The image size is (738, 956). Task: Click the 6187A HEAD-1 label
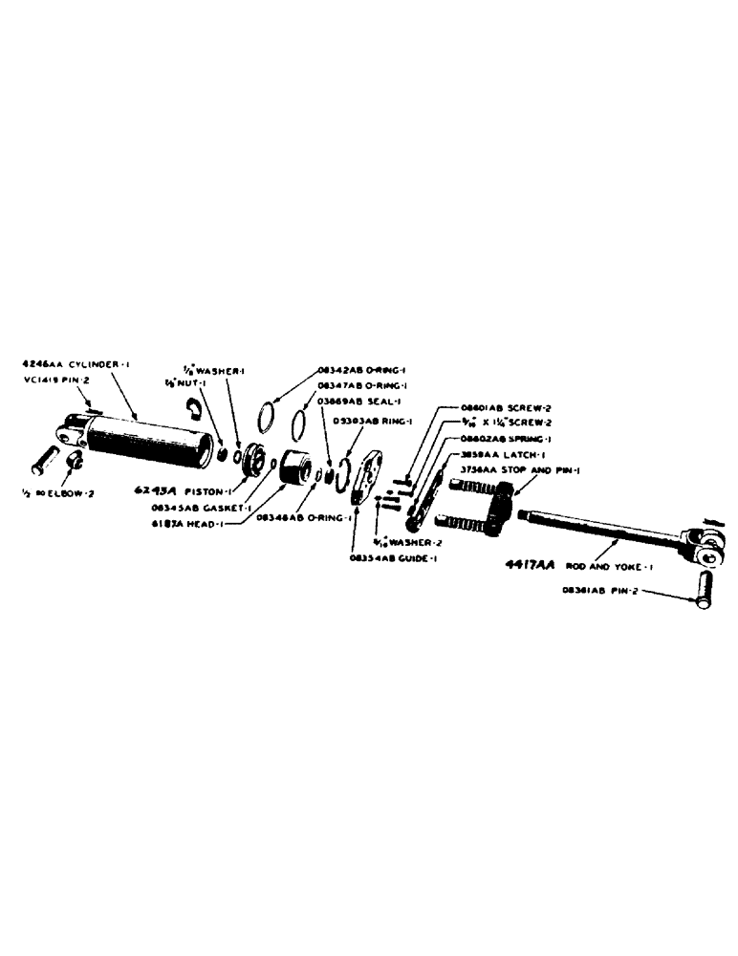(x=190, y=524)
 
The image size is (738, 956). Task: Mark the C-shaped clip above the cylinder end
(x=193, y=408)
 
